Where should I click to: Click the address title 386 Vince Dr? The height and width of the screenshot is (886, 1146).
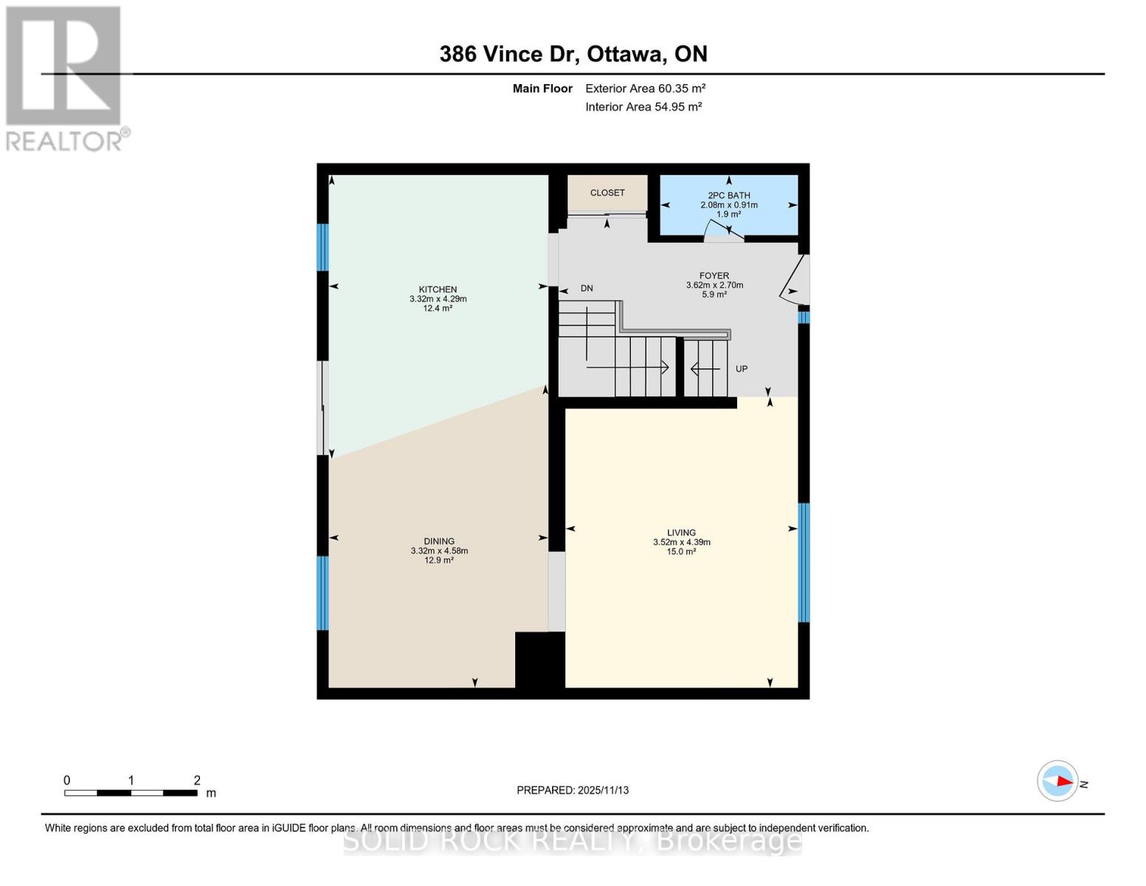coord(573,54)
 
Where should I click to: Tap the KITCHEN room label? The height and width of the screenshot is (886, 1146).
coord(438,289)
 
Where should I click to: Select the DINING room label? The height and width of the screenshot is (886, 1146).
coord(439,541)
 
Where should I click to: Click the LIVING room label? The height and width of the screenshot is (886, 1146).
coord(681,532)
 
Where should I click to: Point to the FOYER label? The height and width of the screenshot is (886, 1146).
coord(714,275)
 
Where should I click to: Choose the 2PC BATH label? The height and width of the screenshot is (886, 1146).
coord(728,196)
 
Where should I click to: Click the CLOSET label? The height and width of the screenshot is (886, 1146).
coord(607,193)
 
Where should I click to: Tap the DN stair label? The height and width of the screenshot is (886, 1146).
coord(587,289)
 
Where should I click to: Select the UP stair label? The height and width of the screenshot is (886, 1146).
coord(742,368)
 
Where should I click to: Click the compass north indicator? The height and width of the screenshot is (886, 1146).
coord(1057,780)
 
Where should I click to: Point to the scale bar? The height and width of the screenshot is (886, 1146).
coord(131,793)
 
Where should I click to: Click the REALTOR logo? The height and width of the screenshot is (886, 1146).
coord(65,78)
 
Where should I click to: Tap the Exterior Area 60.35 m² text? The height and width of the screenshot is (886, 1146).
coord(645,89)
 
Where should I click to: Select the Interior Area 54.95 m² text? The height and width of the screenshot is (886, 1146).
coord(643,107)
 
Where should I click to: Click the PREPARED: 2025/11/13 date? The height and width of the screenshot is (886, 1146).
coord(573,790)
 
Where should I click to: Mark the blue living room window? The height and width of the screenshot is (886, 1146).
coord(804,563)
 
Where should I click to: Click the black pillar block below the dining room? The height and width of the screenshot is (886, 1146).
coord(539,660)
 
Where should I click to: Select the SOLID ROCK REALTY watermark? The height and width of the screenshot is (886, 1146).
coord(573,841)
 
